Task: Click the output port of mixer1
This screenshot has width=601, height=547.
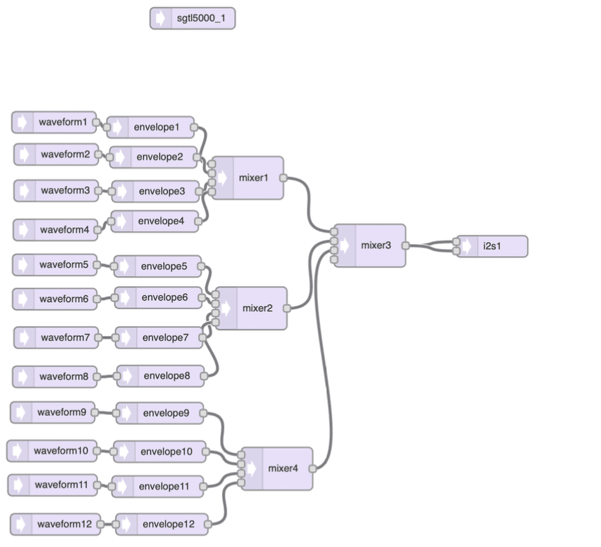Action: (x=283, y=178)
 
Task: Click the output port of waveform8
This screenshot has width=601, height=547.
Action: (x=97, y=377)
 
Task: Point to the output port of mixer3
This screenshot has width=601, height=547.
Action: (x=406, y=245)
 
